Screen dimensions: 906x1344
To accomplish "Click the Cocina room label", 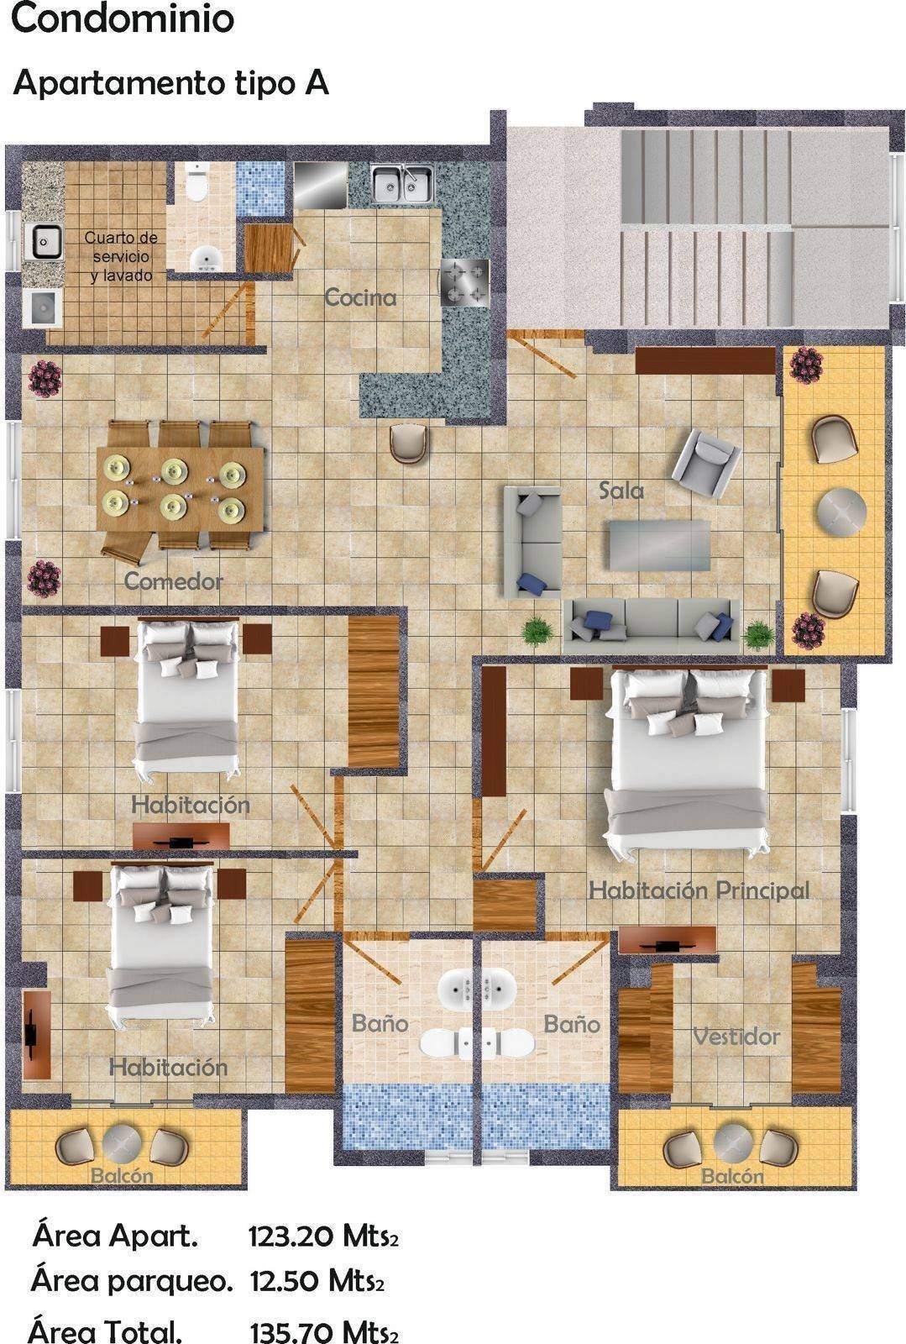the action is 360,297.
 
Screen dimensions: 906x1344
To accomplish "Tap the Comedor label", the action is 173,580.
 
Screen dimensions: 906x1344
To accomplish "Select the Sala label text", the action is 621,491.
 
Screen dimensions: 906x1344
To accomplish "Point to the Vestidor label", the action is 736,1037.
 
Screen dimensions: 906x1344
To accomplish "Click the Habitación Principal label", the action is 699,890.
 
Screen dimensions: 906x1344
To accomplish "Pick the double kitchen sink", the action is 403,184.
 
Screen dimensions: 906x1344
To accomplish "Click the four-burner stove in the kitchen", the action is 464,282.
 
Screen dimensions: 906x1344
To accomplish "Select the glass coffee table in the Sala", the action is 660,544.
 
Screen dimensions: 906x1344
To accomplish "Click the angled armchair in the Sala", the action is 702,463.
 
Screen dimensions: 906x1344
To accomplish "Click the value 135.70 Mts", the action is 323,1331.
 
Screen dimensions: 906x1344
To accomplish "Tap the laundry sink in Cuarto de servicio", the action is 43,241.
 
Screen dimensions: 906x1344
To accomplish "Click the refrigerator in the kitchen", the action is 321,184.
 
